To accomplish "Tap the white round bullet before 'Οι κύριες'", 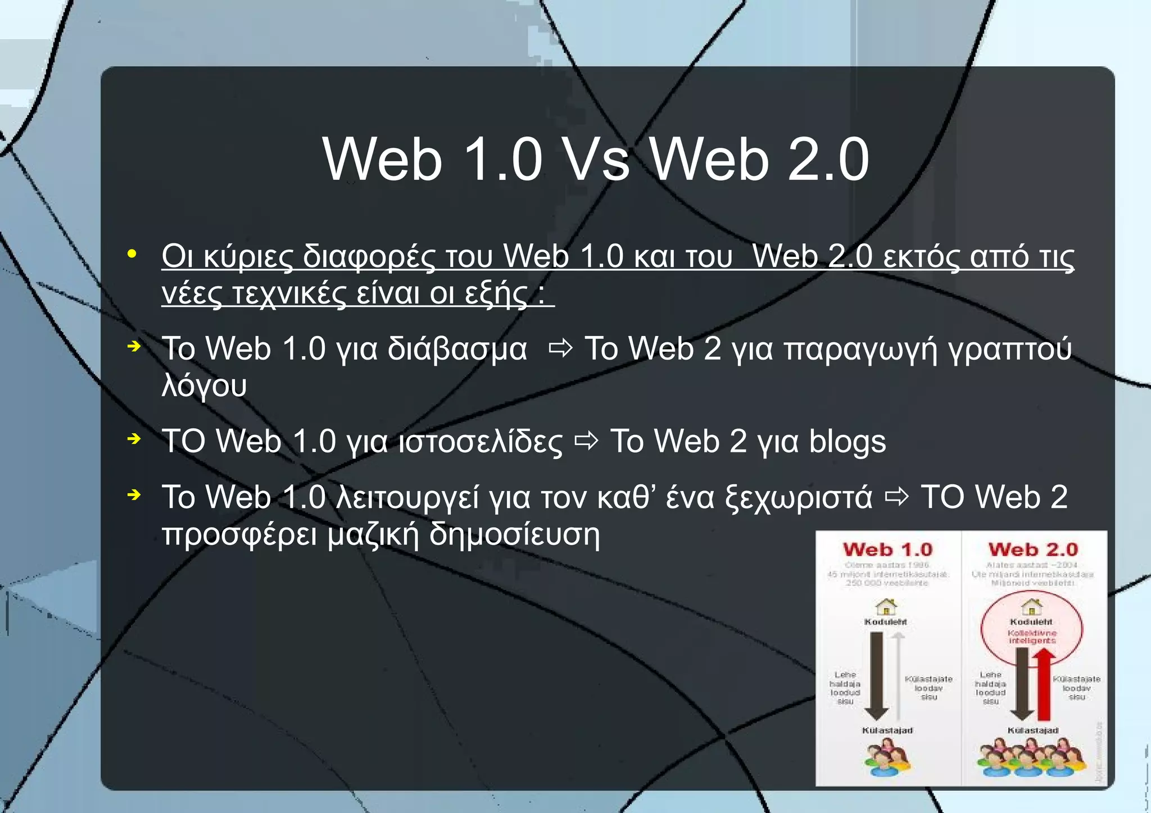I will coord(132,254).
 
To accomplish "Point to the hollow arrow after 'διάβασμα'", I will coord(560,349).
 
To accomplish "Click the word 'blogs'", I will coord(847,441).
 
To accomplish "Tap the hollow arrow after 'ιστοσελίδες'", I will coord(586,441).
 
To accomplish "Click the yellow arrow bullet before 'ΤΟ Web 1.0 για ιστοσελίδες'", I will coord(134,438).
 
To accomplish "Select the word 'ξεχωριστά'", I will coord(799,498).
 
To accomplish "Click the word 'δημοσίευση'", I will coord(514,534).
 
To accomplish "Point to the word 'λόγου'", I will coord(204,386).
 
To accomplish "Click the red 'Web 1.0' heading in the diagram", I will coord(887,549).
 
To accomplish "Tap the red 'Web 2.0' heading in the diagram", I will coord(1033,549).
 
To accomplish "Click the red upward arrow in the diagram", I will coord(1044,683).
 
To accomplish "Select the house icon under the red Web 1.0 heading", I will coord(886,607).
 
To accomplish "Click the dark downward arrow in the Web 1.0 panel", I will coord(876,674).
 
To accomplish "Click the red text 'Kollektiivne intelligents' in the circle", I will coord(1032,637).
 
